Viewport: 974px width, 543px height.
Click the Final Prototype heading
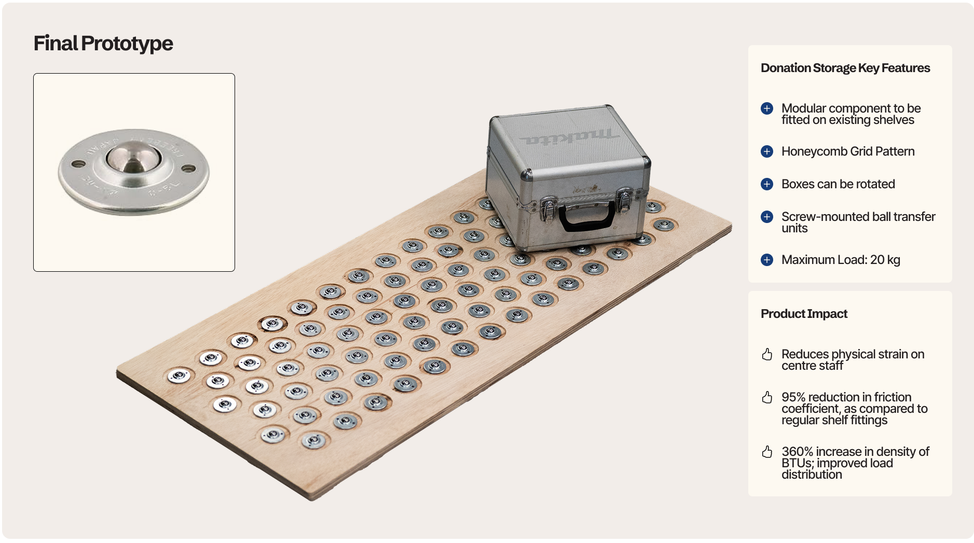[x=103, y=44]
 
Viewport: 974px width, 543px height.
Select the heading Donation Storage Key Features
[x=845, y=68]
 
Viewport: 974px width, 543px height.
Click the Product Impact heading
[x=804, y=314]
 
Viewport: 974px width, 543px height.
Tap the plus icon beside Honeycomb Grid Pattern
[x=767, y=151]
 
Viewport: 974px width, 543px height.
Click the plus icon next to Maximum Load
[x=767, y=260]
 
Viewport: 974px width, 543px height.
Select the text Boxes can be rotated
[x=838, y=184]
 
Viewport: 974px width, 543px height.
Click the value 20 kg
[x=885, y=260]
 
